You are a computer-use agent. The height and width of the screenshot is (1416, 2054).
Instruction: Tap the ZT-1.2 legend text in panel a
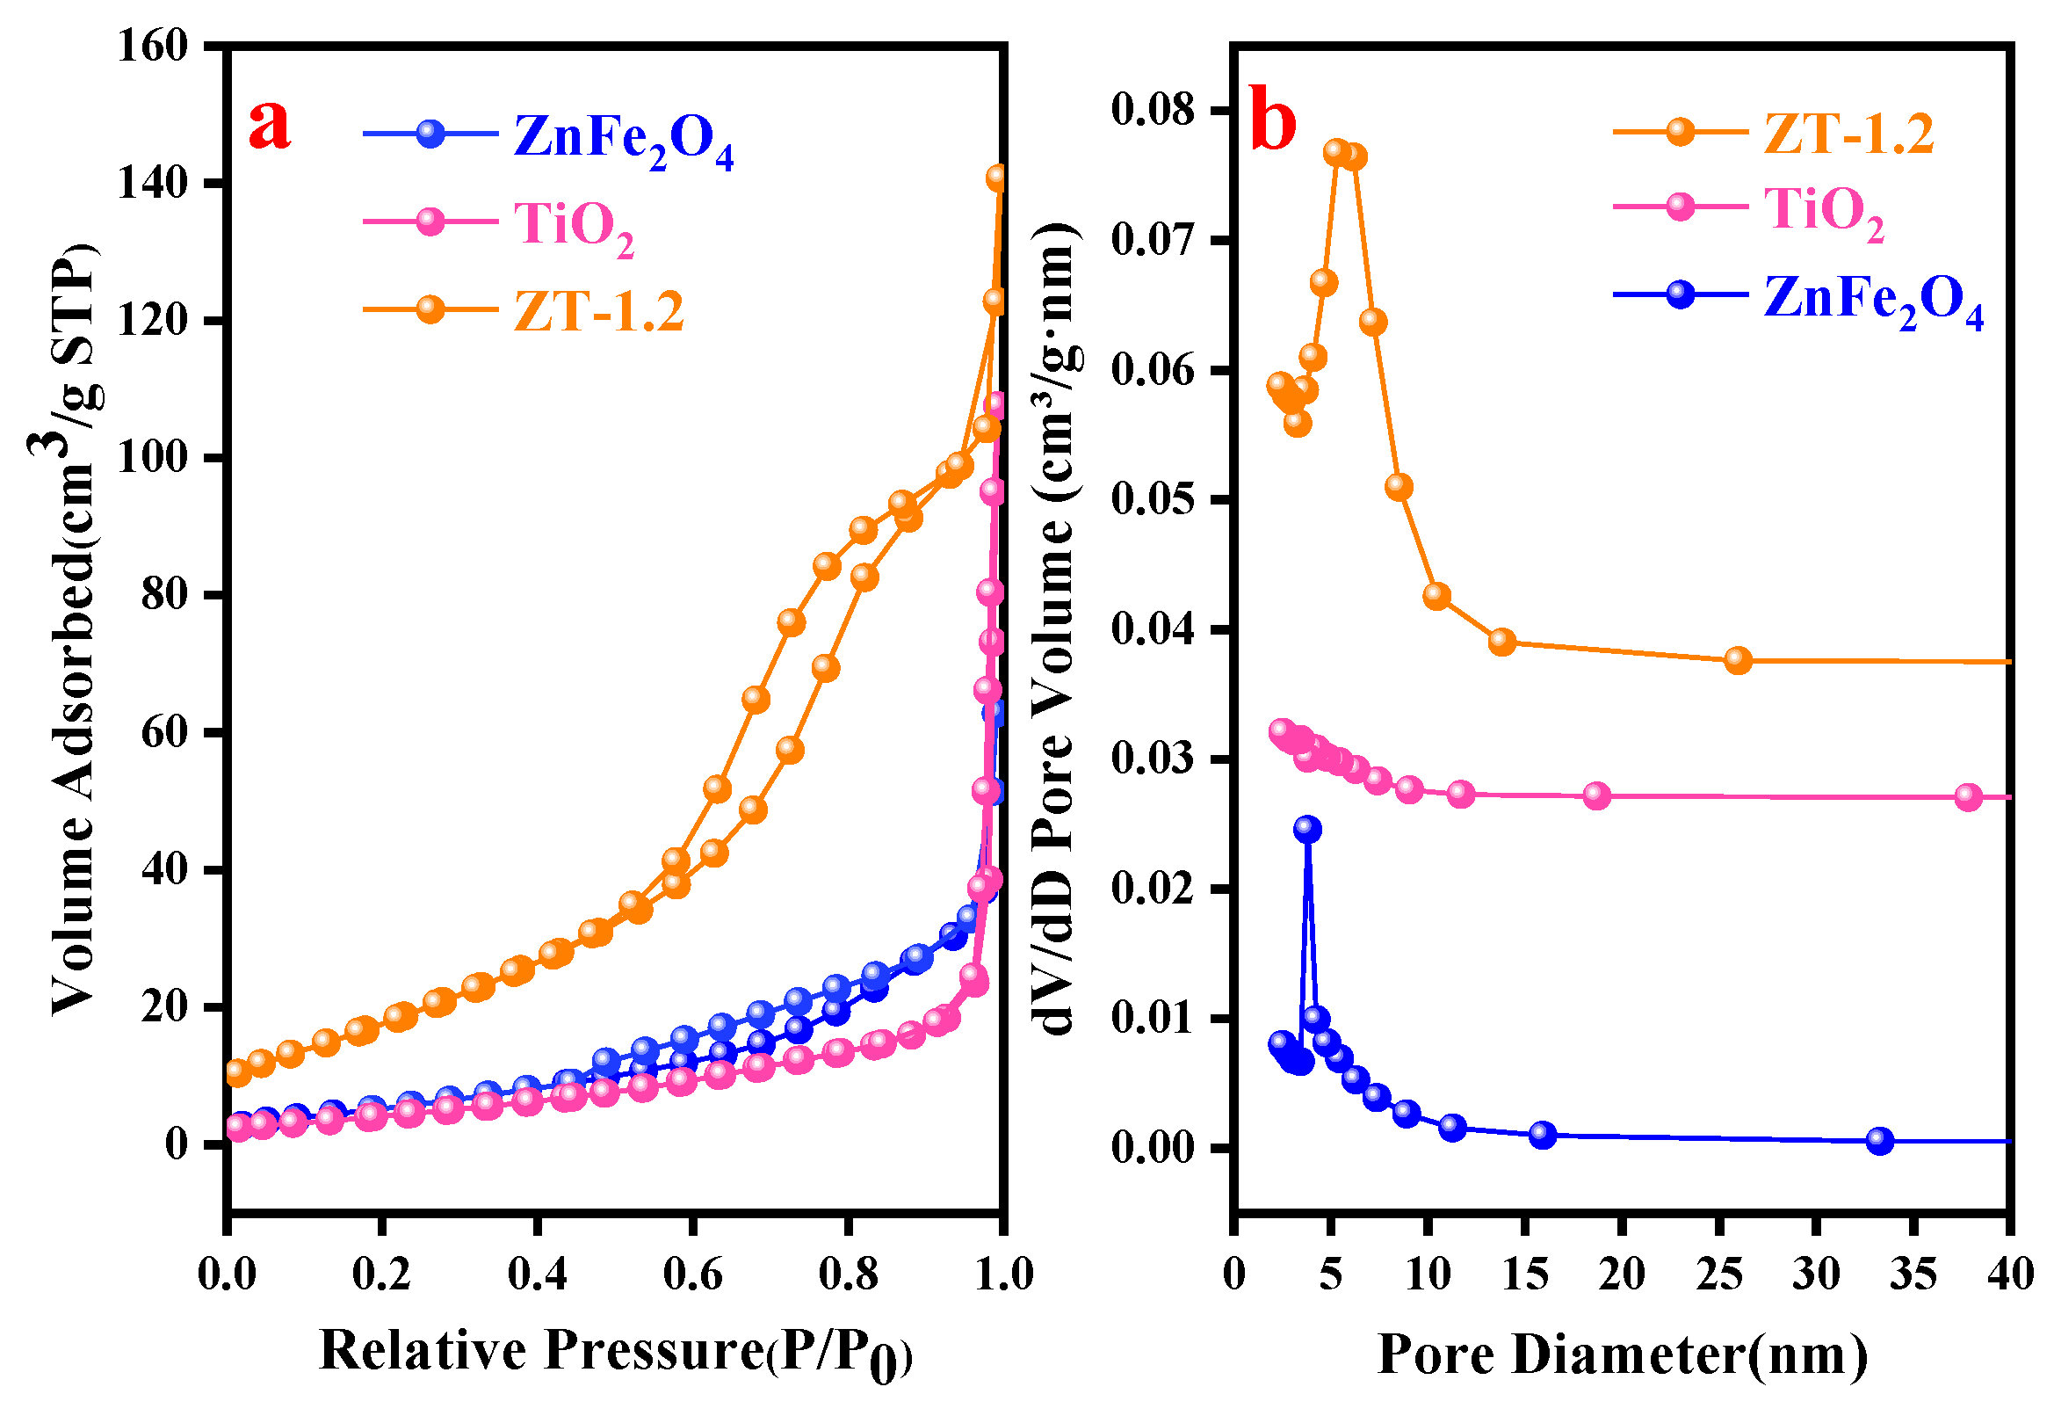coord(598,311)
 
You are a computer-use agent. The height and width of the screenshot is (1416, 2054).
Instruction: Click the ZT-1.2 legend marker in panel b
coord(1680,132)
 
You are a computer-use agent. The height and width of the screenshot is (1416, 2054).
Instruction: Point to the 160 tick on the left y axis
coord(154,45)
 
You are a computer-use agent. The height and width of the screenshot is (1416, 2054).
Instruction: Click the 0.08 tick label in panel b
coord(1152,110)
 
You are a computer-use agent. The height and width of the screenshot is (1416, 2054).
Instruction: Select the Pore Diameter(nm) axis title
coord(1622,1354)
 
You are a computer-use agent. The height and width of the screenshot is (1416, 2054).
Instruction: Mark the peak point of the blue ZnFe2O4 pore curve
coord(1307,829)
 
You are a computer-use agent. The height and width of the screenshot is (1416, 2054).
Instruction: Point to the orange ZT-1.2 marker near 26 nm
coord(1739,660)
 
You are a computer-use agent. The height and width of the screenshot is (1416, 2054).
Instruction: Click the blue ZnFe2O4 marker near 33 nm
coord(1879,1141)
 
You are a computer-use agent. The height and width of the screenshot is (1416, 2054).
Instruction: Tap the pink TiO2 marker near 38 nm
coord(1968,796)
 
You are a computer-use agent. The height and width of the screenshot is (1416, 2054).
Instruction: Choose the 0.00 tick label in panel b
coord(1152,1148)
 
